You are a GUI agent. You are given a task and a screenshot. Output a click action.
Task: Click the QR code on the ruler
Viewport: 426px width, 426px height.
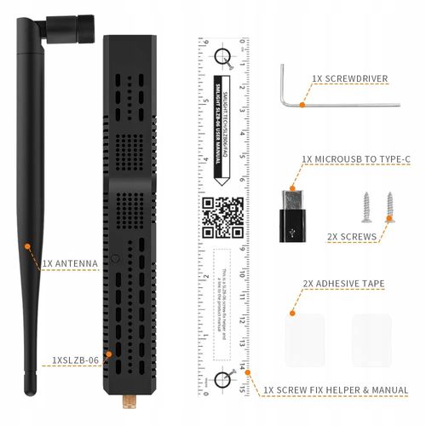point(223,217)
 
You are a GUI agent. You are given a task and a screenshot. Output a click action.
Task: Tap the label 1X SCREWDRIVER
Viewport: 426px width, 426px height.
point(349,79)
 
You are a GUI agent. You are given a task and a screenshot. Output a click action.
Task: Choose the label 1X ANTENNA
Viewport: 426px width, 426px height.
point(69,263)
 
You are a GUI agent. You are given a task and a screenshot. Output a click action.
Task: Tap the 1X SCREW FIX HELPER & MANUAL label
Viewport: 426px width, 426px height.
point(335,389)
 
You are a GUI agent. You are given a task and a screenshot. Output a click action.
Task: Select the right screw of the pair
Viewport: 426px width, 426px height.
point(389,205)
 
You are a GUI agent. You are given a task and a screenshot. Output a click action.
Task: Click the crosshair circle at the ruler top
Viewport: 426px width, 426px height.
point(223,57)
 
